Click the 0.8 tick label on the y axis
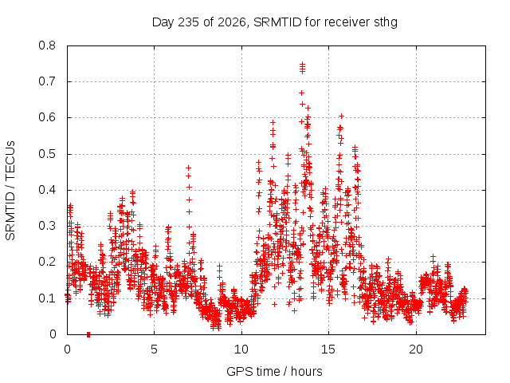tap(47, 45)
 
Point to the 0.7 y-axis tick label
tap(47, 81)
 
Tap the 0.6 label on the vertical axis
tap(47, 117)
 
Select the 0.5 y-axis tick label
tap(47, 154)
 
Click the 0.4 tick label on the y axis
tap(47, 190)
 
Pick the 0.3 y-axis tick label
tap(47, 226)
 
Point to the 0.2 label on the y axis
tap(47, 262)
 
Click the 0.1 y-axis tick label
tap(47, 298)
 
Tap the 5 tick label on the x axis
tap(154, 349)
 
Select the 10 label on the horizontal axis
tap(241, 349)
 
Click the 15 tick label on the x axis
tap(328, 349)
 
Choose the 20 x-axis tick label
tap(416, 349)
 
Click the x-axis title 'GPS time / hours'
tap(274, 372)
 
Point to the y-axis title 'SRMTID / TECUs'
tap(10, 191)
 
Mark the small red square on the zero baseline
tap(88, 334)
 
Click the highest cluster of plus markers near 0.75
tap(303, 68)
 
